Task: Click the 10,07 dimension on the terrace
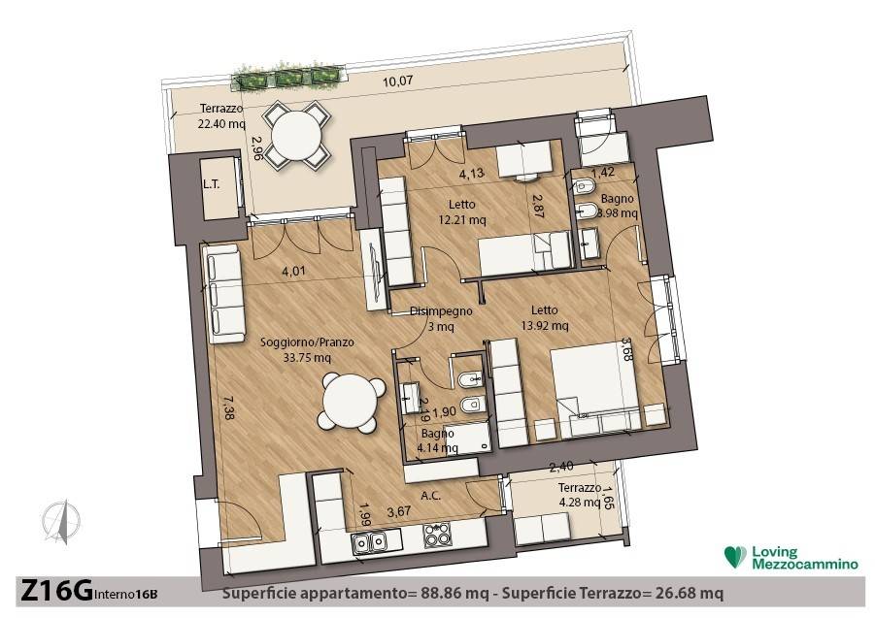[398, 81]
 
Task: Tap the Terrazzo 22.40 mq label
[221, 115]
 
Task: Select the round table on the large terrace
[298, 137]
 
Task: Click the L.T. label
[212, 184]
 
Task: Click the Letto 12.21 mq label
[462, 212]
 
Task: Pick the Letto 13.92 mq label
[544, 317]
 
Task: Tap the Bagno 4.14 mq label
[437, 440]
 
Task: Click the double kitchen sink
[369, 540]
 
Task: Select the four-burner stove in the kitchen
[437, 535]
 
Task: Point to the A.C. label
[431, 496]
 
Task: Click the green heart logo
[735, 557]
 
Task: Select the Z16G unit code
[56, 591]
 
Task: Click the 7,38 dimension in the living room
[226, 407]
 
